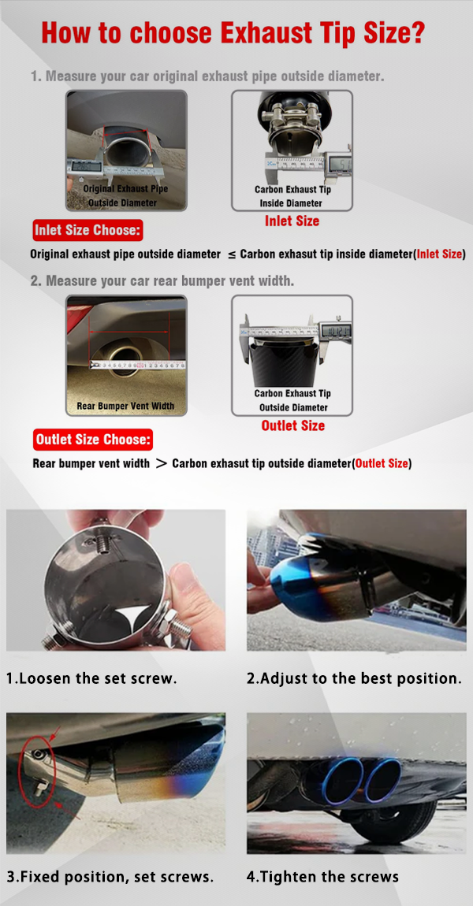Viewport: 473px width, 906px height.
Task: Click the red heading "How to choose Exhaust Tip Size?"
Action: click(233, 33)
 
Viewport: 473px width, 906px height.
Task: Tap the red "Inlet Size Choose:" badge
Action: click(88, 230)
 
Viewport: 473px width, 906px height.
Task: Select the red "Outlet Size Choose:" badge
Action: click(92, 440)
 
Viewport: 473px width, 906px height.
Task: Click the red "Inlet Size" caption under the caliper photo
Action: click(292, 221)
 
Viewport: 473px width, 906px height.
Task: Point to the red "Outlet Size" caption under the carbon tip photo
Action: click(292, 426)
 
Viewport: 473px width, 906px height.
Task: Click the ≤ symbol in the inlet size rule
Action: click(231, 254)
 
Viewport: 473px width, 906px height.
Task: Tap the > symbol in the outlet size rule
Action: click(161, 463)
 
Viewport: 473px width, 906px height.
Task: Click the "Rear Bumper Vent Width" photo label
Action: click(125, 407)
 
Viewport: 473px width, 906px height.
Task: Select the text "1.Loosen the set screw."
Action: click(91, 678)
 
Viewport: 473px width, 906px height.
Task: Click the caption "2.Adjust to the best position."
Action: click(355, 678)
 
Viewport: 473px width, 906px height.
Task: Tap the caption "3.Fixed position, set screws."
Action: click(110, 877)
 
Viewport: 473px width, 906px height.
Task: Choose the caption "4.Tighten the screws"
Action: click(322, 877)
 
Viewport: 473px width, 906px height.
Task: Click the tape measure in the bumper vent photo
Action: click(138, 366)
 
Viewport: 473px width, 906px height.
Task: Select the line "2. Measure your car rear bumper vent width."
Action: click(162, 281)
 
